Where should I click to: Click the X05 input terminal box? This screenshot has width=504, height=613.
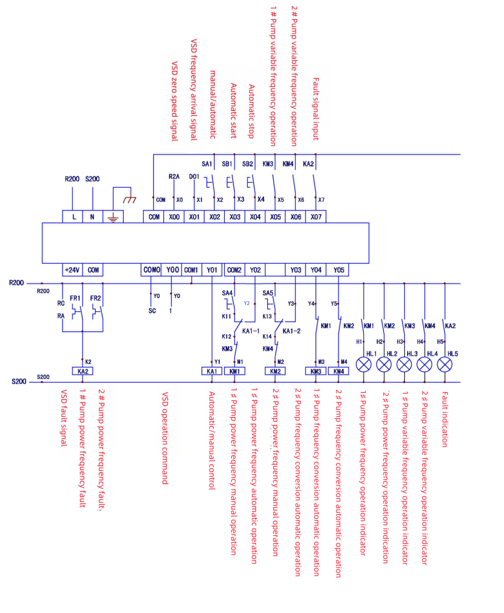click(x=275, y=217)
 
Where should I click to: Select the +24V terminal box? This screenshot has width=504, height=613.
click(x=72, y=270)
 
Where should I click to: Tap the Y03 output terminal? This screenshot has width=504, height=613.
click(x=295, y=270)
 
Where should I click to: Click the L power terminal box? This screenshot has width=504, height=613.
click(x=72, y=217)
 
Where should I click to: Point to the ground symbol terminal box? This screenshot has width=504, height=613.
click(x=113, y=217)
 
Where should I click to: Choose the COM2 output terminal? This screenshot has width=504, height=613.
click(x=234, y=270)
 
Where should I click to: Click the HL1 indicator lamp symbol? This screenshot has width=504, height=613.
click(x=364, y=364)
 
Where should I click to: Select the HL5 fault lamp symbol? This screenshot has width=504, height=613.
click(x=445, y=364)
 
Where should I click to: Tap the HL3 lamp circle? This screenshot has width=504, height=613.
click(x=404, y=364)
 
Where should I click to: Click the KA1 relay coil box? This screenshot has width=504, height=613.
click(x=211, y=371)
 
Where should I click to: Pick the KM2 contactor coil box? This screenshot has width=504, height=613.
click(x=275, y=371)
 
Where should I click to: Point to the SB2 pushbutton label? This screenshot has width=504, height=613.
click(x=247, y=164)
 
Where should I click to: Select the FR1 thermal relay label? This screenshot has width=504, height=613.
click(x=76, y=298)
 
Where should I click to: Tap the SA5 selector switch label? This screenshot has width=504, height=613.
click(x=268, y=293)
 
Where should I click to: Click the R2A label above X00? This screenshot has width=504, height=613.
click(x=174, y=177)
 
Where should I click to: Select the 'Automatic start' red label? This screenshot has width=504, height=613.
click(x=233, y=111)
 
